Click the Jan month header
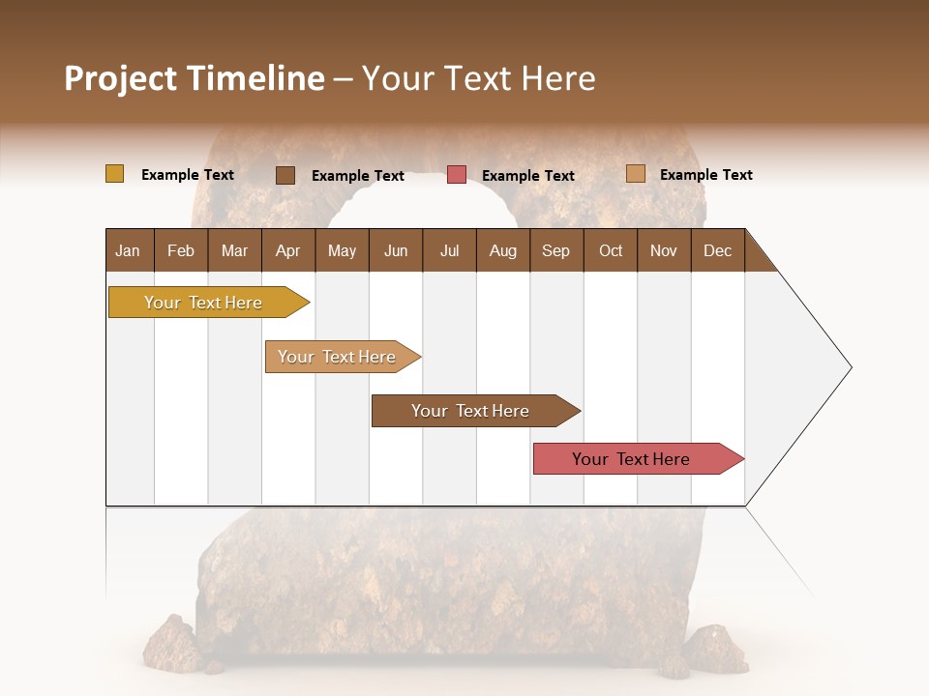(129, 250)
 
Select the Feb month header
(181, 250)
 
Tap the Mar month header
(234, 250)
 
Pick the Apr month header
(288, 250)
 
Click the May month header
(342, 250)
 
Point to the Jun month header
(396, 250)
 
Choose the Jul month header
(449, 250)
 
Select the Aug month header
(503, 250)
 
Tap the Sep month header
(556, 250)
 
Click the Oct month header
(611, 250)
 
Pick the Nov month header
(664, 250)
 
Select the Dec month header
(717, 250)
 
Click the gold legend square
(114, 174)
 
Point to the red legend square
(457, 175)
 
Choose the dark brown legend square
(285, 175)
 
